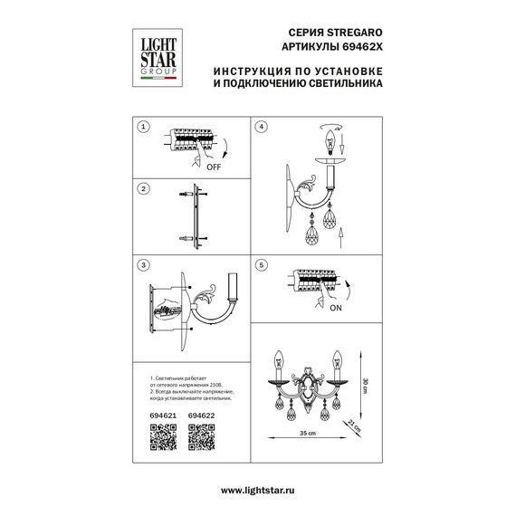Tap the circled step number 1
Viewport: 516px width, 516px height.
pyautogui.click(x=141, y=127)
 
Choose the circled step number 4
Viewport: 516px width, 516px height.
pyautogui.click(x=262, y=127)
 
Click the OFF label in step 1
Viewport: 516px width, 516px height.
pyautogui.click(x=214, y=168)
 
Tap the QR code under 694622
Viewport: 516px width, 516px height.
pyautogui.click(x=201, y=439)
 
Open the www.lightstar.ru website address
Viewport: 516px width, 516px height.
pyautogui.click(x=258, y=489)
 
